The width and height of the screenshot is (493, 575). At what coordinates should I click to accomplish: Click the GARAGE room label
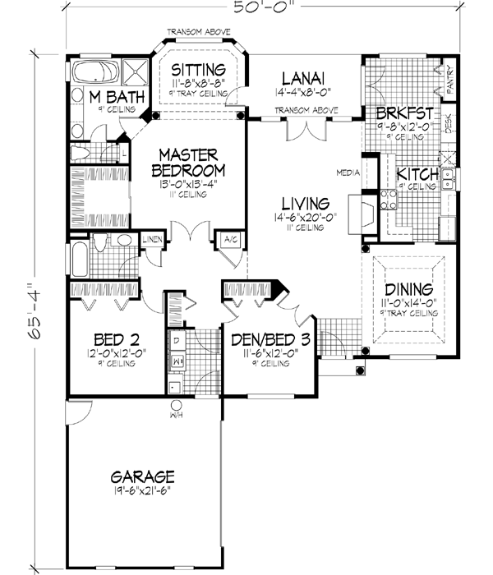click(x=144, y=476)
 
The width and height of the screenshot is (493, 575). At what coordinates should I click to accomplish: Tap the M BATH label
click(x=118, y=98)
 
